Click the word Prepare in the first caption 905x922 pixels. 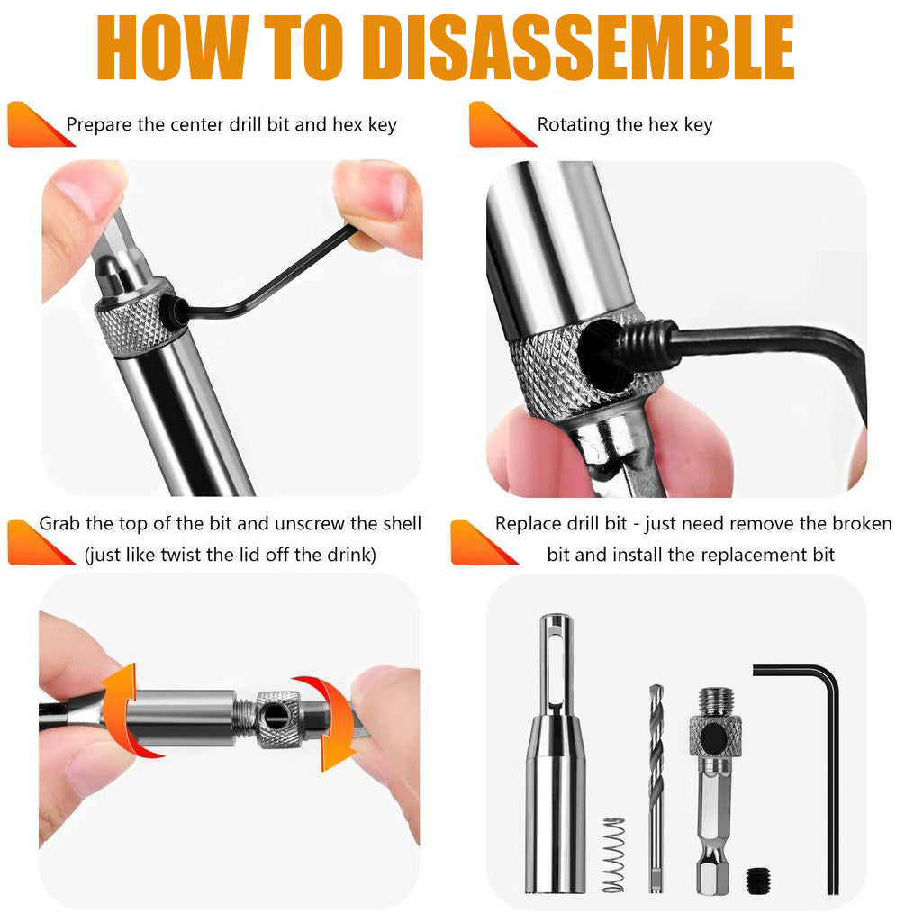click(99, 125)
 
